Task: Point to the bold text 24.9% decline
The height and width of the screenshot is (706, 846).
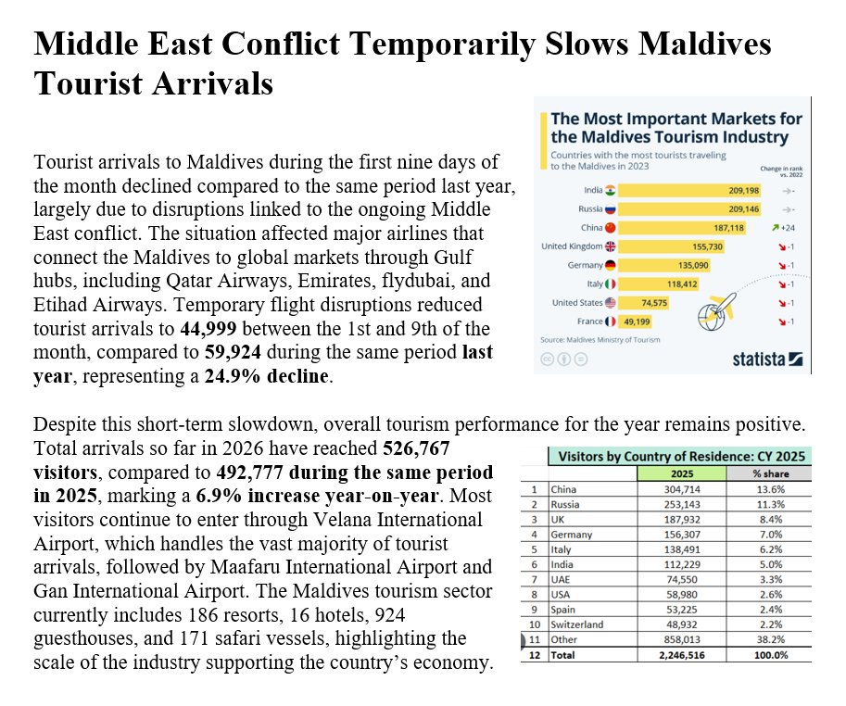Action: coord(280,377)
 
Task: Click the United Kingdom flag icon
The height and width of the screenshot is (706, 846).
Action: coord(610,246)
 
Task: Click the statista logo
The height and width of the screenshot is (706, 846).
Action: coord(765,359)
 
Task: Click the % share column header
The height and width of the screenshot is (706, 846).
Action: coord(769,473)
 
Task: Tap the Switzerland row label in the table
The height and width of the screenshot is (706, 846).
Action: coord(576,624)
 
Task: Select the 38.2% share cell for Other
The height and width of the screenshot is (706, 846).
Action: coord(769,638)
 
